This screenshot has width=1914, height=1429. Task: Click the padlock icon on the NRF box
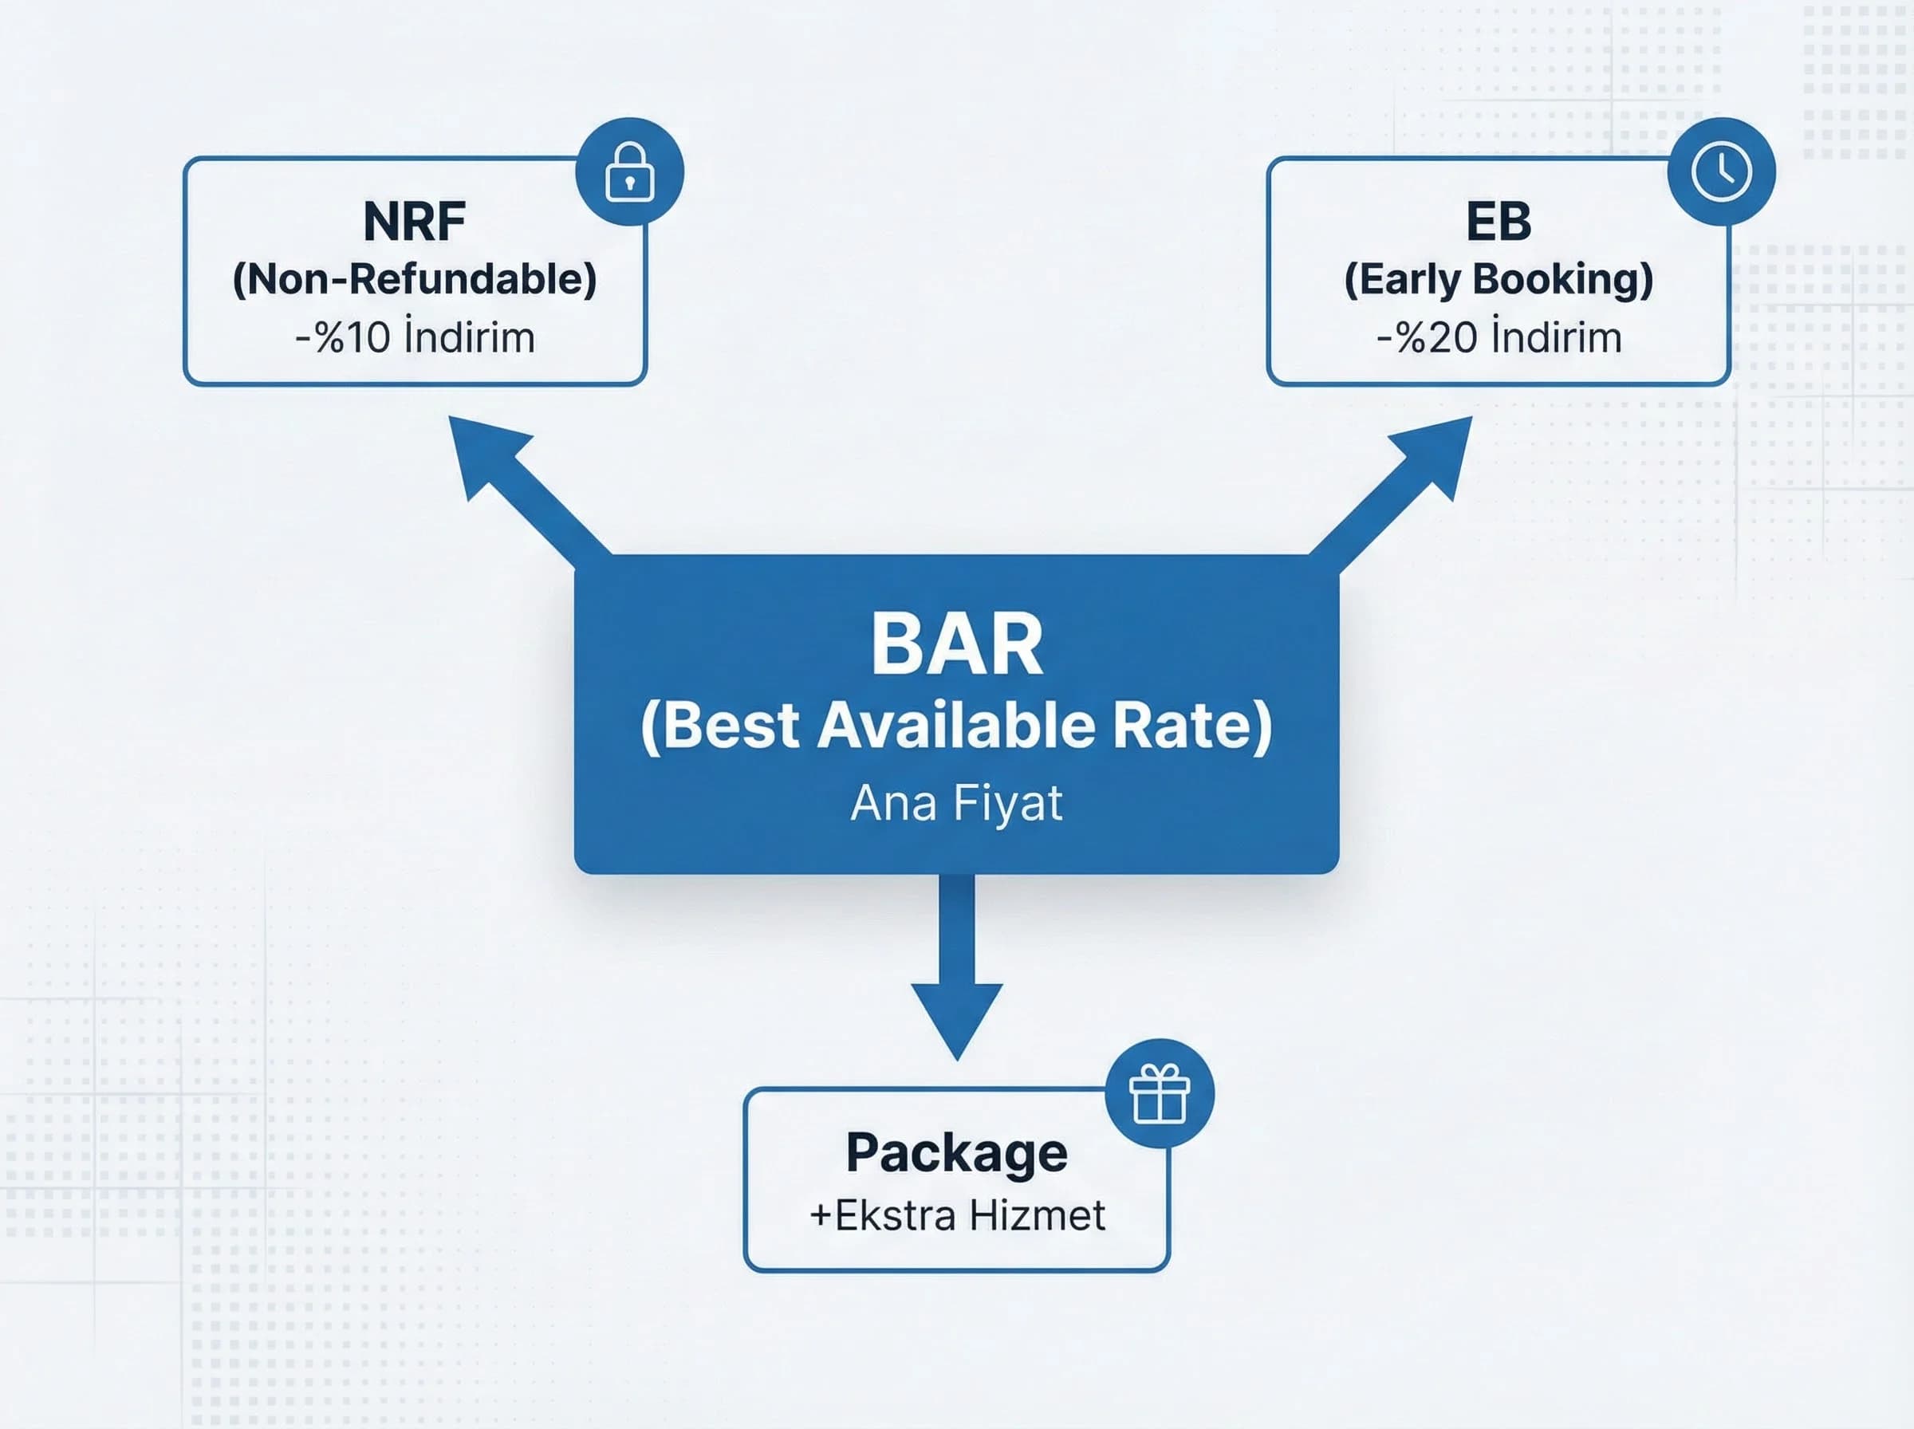[630, 172]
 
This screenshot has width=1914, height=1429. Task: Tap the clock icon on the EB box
[1721, 171]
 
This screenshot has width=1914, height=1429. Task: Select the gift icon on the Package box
[1159, 1093]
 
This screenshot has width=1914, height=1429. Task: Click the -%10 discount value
[344, 337]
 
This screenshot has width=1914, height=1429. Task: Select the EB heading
[1498, 222]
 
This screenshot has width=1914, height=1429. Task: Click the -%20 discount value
[1427, 337]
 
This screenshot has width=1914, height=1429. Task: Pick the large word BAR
[956, 644]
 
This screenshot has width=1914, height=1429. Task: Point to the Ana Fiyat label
[956, 803]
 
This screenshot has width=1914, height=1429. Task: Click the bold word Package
[956, 1152]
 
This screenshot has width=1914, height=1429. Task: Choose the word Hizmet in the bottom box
[1036, 1215]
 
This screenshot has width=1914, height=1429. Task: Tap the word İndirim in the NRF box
[470, 337]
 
